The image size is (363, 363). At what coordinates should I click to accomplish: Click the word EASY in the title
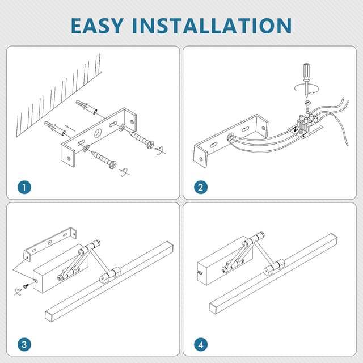pos(97,26)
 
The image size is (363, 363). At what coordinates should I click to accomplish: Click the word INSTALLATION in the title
pos(212,26)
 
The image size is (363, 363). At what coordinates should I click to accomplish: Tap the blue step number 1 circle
pos(24,187)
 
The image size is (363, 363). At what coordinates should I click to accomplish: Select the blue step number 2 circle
pos(201,187)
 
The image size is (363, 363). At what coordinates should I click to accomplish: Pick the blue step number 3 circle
pos(24,344)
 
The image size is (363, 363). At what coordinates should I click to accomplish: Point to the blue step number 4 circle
pos(201,344)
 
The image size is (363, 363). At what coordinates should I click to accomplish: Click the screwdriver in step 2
pos(306,80)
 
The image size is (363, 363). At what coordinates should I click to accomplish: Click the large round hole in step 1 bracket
pos(98,133)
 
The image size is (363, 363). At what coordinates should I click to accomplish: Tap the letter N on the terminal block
pos(295,129)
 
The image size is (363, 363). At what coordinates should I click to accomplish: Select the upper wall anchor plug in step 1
pos(86,107)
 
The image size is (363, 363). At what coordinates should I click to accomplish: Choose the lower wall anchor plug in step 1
pos(54,128)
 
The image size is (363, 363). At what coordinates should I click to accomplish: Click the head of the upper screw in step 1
pos(150,144)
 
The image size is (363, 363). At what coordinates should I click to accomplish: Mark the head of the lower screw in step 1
pos(112,164)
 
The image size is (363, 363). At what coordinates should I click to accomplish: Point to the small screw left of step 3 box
pos(26,286)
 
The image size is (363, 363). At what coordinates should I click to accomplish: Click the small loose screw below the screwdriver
pos(307,104)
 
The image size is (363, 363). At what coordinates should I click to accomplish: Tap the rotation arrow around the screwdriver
pos(306,89)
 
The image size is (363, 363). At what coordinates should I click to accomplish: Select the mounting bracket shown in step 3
pos(50,244)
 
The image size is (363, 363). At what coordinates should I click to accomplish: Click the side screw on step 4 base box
pos(200,273)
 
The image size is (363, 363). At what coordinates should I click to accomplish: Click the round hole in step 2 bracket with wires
pos(230,137)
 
